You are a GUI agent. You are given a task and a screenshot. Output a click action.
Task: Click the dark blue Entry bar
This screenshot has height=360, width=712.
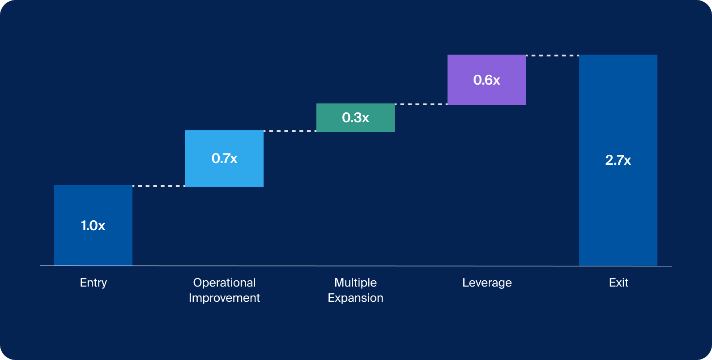point(93,246)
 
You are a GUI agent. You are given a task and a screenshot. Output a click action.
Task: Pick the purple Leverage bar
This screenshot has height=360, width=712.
point(486,94)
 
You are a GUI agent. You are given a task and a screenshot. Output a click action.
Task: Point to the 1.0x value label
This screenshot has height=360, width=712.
point(93,225)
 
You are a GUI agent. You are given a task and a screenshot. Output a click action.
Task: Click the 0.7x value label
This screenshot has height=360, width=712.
point(224,158)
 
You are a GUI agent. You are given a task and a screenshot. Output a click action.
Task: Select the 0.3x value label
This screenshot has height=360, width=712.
point(355,117)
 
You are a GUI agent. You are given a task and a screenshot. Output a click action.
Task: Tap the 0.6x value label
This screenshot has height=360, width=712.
point(486,80)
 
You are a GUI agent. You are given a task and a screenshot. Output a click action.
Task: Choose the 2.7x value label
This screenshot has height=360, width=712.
point(618,160)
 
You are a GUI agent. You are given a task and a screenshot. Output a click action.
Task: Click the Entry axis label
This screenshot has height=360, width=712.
point(93,283)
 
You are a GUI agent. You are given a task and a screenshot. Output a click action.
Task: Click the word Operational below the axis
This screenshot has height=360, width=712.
point(224,283)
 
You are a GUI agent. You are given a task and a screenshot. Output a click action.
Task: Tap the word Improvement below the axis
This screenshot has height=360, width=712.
point(224,298)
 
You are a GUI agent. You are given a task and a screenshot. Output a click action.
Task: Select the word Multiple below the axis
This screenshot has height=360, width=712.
point(355,283)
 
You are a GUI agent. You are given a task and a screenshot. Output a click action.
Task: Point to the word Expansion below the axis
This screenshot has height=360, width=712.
point(355,298)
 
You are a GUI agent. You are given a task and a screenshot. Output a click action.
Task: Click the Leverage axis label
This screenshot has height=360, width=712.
point(487,283)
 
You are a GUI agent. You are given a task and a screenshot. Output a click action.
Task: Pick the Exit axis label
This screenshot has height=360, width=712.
point(618,283)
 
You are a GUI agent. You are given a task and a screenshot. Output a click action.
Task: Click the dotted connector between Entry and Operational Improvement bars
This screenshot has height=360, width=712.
point(159,185)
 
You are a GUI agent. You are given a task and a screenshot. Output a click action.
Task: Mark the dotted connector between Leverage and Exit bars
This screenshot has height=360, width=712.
point(552,56)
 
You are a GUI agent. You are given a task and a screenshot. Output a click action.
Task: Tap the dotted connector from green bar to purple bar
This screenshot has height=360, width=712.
point(421,104)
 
